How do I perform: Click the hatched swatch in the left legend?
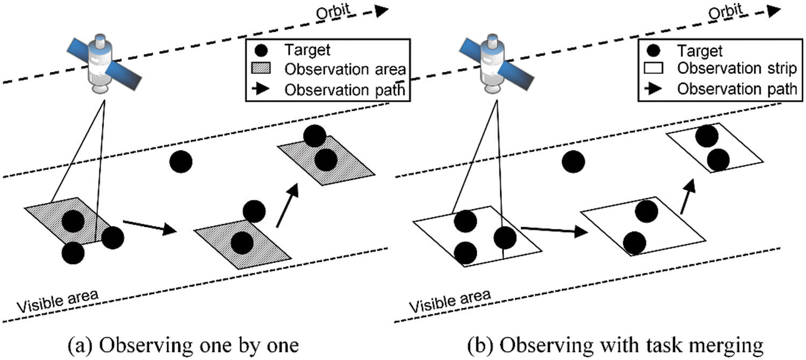point(260,70)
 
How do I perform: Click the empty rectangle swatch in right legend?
point(653,70)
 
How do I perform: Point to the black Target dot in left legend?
point(260,51)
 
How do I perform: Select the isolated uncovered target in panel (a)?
point(181,162)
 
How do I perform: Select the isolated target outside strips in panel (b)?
point(573,162)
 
